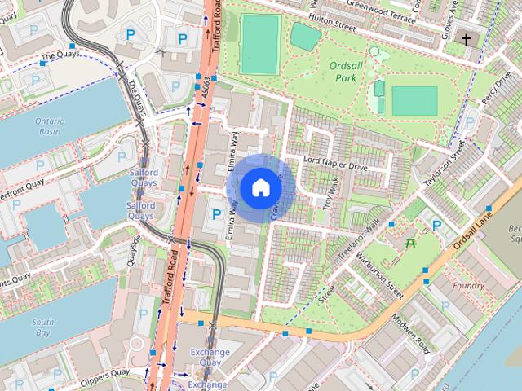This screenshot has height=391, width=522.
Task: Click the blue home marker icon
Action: (260, 188)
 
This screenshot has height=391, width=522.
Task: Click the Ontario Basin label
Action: (49, 125)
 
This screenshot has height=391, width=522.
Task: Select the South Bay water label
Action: (43, 327)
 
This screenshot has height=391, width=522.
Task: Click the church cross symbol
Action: (467, 38)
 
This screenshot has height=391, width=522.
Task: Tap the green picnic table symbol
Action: (411, 242)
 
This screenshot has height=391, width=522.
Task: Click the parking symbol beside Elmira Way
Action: (216, 214)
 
